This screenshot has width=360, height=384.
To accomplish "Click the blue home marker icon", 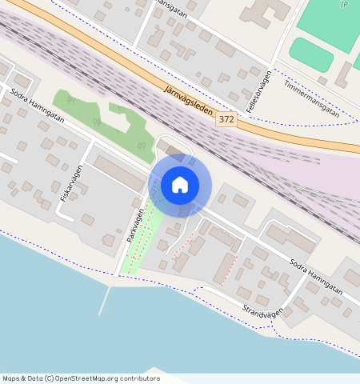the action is tap(180, 185).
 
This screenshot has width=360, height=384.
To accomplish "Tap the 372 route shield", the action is tap(226, 119).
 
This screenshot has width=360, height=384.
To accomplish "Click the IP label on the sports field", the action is tap(344, 5).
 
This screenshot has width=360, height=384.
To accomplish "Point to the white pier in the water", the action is tap(105, 300).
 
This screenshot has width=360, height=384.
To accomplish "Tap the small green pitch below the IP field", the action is tap(310, 54).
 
